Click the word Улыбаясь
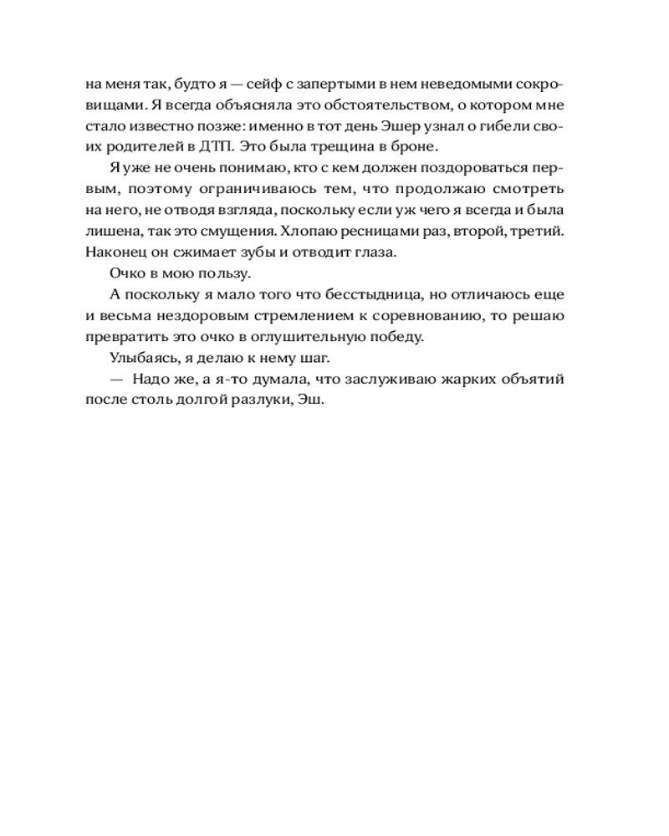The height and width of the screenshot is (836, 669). click(x=140, y=357)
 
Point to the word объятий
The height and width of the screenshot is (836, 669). click(x=531, y=379)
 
